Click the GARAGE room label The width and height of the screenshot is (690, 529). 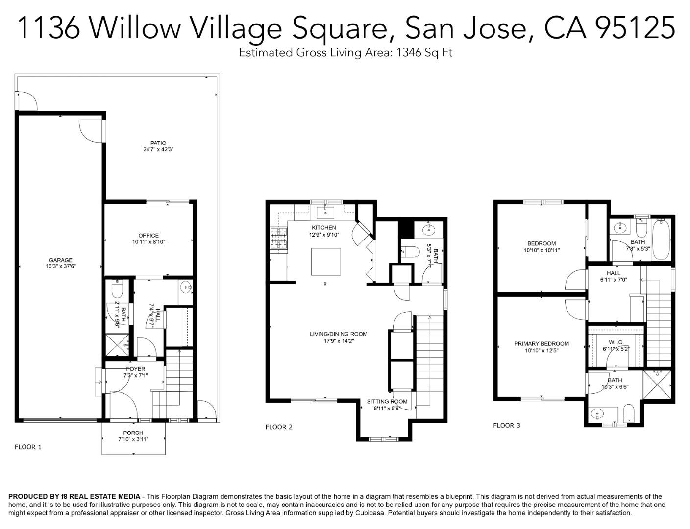click(x=60, y=260)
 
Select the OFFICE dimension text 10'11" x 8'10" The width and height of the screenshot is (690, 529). click(x=148, y=242)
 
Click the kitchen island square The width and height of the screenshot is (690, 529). click(x=326, y=262)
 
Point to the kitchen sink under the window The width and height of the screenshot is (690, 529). click(x=325, y=213)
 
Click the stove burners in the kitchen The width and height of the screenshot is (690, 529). click(x=278, y=239)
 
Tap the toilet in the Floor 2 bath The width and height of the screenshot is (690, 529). click(x=410, y=252)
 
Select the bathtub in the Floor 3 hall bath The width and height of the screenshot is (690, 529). click(x=661, y=240)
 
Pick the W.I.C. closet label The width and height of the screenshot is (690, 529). click(x=616, y=342)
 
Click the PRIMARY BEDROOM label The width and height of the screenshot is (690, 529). click(x=541, y=344)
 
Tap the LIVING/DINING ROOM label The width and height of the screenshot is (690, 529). click(x=338, y=334)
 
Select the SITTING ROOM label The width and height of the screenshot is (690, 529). click(x=387, y=401)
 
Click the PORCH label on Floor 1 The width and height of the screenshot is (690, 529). click(x=133, y=433)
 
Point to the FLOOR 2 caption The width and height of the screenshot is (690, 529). click(x=279, y=427)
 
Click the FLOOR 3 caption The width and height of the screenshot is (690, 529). click(x=507, y=425)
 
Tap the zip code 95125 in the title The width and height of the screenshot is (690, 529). click(x=635, y=27)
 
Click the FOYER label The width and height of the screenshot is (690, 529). click(x=135, y=369)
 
